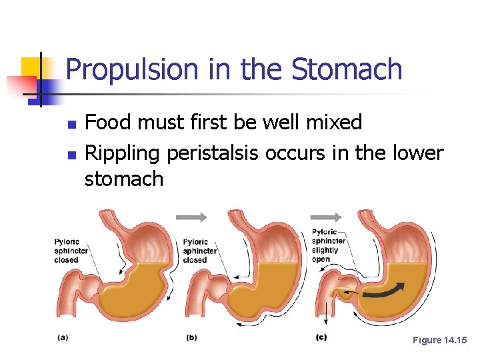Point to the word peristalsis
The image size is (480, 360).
(x=213, y=154)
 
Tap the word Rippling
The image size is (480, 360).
(x=124, y=154)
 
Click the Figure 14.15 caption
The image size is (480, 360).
(x=440, y=340)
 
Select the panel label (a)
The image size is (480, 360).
(x=63, y=337)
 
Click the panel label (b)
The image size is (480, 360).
(x=191, y=337)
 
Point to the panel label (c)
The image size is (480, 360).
(x=321, y=337)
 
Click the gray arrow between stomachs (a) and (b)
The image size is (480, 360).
(x=191, y=217)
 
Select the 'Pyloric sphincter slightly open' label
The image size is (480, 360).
(x=329, y=245)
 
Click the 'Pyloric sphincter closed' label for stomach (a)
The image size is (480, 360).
(x=67, y=251)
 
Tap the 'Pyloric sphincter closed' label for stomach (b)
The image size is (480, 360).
(x=195, y=251)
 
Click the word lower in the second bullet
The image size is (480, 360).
(x=413, y=154)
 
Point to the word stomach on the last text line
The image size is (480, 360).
(x=124, y=179)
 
